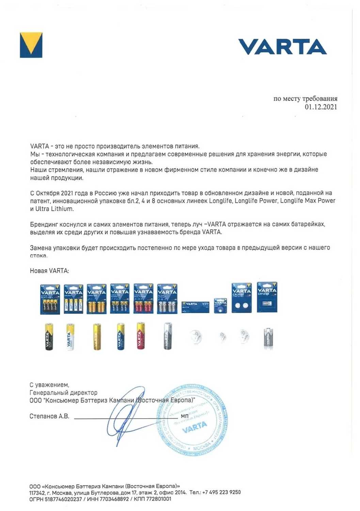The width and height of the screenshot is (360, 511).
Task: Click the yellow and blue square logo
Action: [31, 45]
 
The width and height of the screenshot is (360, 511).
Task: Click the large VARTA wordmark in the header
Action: [282, 47]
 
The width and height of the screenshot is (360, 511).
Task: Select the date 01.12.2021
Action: [320, 107]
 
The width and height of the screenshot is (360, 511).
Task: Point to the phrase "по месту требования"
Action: [305, 98]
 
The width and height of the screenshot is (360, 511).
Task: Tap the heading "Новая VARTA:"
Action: [49, 271]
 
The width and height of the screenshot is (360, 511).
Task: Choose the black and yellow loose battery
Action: [49, 337]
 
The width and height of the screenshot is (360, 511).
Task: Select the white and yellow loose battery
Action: [70, 337]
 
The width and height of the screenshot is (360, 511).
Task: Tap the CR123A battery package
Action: [267, 297]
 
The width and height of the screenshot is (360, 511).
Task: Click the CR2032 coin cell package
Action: [241, 298]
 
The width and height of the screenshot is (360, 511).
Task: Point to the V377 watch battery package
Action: [195, 306]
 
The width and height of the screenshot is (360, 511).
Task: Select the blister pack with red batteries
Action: [143, 298]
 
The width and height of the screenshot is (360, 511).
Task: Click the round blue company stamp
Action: [192, 420]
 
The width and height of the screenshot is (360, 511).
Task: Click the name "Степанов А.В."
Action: [49, 416]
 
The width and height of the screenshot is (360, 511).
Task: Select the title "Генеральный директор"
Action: [63, 393]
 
